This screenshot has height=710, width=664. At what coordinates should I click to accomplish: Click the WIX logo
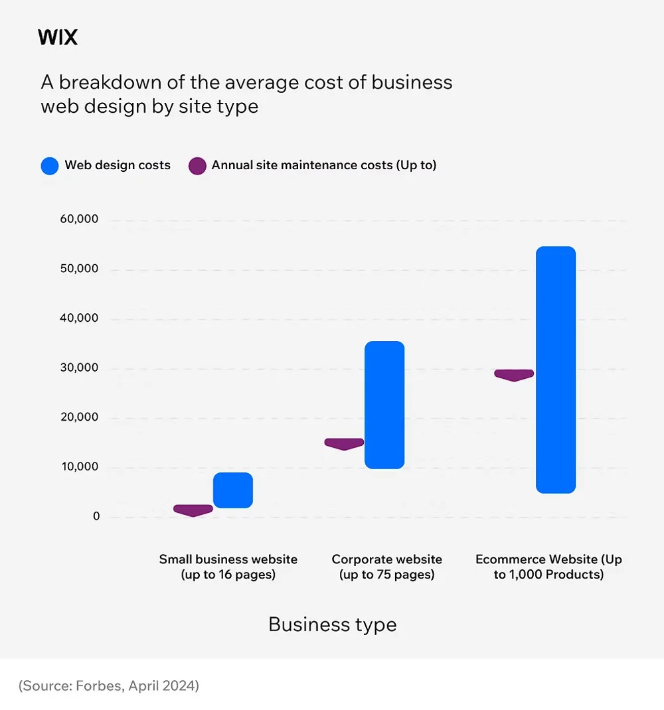point(58,38)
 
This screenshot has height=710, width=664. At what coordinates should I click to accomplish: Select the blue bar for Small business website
point(232,490)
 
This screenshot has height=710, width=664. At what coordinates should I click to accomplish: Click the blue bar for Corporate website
point(384,405)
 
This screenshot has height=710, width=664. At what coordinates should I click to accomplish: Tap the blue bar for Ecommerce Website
point(556,370)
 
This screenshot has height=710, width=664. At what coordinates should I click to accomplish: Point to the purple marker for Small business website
point(193,510)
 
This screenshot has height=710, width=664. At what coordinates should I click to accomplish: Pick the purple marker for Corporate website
point(344,443)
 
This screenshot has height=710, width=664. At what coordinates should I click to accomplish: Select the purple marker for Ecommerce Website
point(514,374)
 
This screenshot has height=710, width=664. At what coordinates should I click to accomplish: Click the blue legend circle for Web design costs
point(50,166)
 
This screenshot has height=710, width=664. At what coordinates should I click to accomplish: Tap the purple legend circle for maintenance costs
point(197,166)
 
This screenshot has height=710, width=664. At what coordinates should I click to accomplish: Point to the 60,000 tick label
point(78,220)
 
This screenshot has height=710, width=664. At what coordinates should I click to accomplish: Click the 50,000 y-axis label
point(78,269)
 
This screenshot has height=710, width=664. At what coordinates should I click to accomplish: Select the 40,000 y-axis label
point(78,319)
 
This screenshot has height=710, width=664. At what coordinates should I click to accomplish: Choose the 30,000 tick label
point(78,368)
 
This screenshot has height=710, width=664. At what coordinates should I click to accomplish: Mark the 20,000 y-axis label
point(78,417)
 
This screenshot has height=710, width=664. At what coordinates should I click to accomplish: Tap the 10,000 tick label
point(78,467)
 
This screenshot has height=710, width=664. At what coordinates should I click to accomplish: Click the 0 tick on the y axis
point(96,516)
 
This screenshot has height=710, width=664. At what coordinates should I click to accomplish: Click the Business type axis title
point(332,624)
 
